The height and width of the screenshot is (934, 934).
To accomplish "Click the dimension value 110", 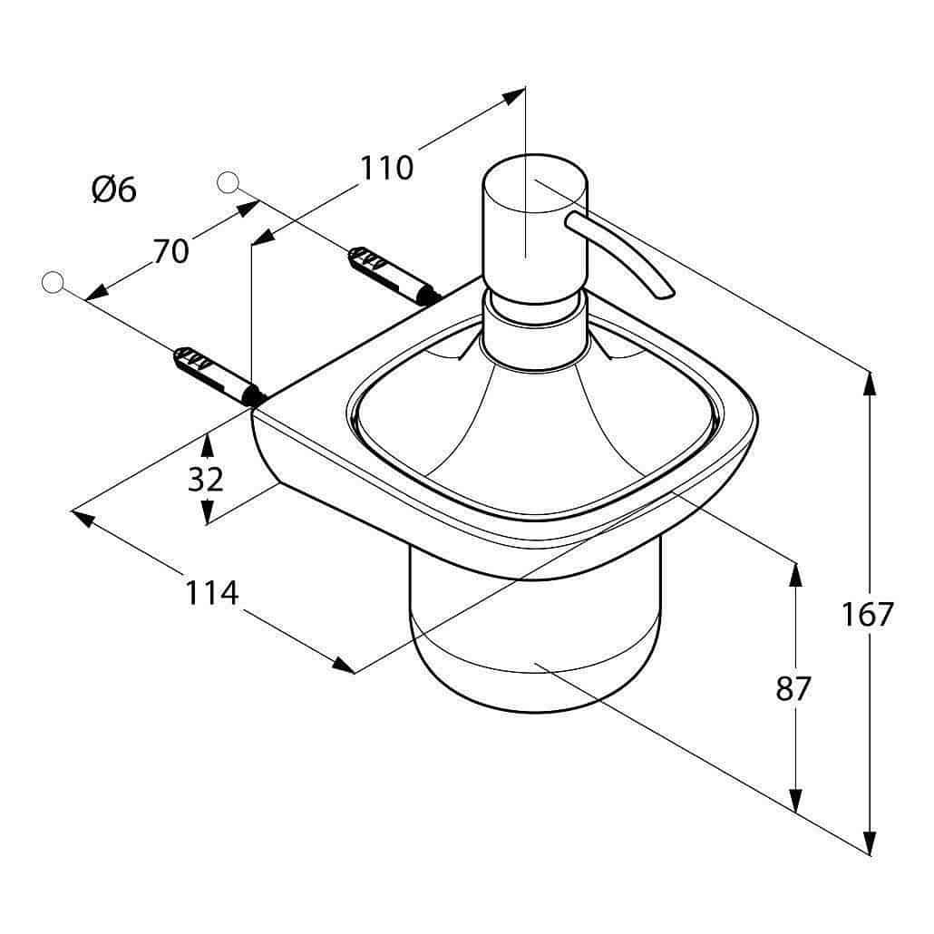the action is (386, 168).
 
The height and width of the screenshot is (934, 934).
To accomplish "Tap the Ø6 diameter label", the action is (114, 190).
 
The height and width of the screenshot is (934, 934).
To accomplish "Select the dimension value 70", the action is (171, 251).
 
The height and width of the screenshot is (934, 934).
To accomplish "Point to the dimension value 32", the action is (206, 479).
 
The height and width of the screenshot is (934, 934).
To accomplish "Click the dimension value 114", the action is (212, 593).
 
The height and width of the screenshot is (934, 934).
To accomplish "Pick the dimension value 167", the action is (867, 614).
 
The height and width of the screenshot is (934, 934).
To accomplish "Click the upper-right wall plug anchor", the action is (394, 276).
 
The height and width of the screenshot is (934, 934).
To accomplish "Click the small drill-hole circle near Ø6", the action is (229, 182).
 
